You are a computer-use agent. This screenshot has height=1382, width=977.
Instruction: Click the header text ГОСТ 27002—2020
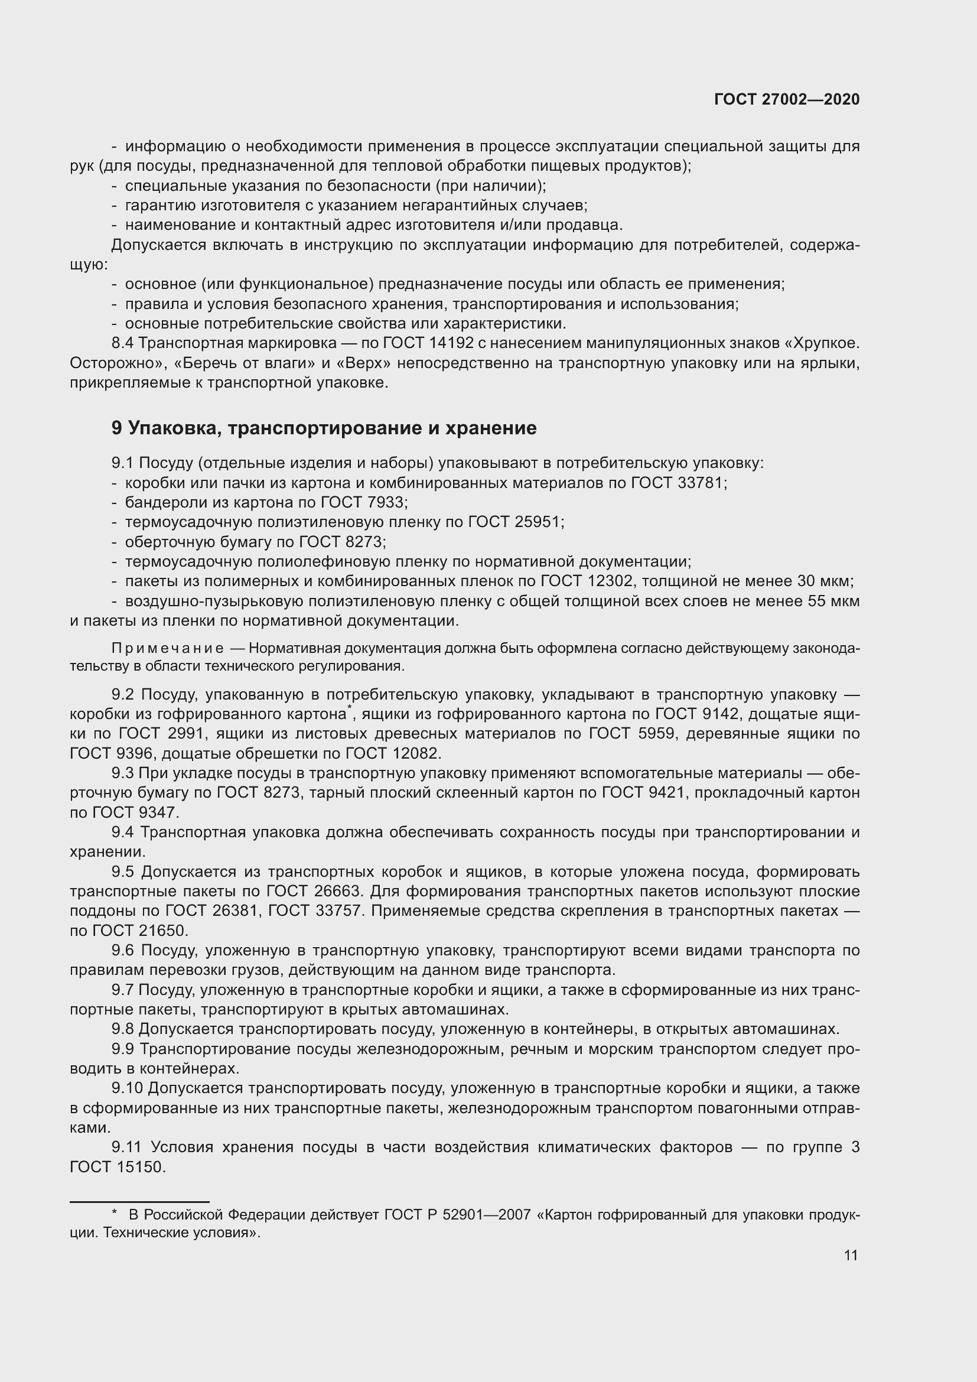point(787,100)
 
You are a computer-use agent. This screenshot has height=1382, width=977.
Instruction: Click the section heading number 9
point(117,428)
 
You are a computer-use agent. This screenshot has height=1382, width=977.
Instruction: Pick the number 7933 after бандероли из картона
point(387,502)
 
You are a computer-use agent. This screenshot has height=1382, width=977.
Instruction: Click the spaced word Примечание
point(168,648)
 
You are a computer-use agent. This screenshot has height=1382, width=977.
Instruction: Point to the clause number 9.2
point(123,694)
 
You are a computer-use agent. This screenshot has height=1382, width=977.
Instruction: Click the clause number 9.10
point(126,1088)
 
